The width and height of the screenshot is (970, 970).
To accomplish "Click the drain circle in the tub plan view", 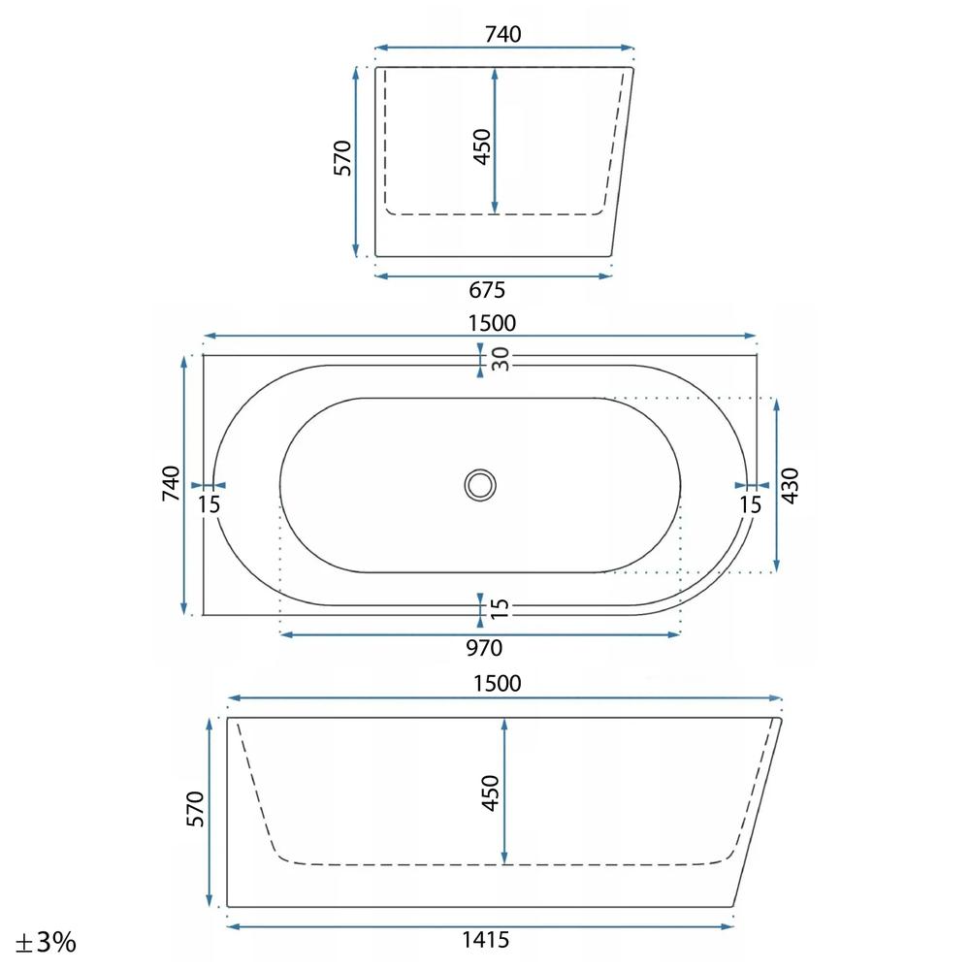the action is coord(480,485).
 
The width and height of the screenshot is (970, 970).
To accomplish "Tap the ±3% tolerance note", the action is coord(46,943).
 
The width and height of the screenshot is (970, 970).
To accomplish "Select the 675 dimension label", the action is coord(487,289).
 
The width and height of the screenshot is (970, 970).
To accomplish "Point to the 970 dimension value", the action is coord(484,648).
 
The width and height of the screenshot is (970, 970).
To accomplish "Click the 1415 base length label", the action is coord(486,940).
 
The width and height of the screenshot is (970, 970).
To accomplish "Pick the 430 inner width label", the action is coord(790,486).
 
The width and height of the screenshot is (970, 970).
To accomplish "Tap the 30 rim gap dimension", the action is coord(500,360).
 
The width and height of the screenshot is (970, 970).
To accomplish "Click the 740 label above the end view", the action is coord(502,34).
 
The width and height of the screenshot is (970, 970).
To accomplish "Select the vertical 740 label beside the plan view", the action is coord(171,484).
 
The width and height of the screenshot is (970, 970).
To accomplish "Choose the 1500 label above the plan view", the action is coord(492,323).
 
